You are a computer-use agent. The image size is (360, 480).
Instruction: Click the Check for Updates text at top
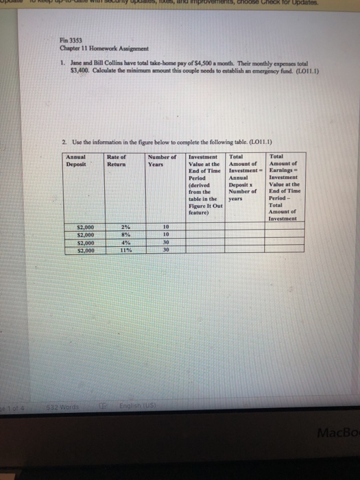[322, 4]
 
